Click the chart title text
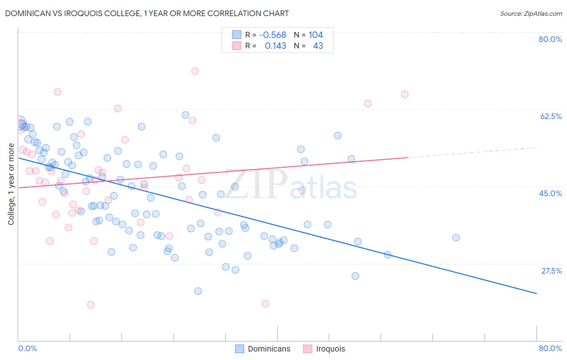tap(147, 13)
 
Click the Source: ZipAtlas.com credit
tap(531, 13)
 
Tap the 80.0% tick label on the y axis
tap(550, 39)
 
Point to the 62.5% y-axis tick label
tap(550, 116)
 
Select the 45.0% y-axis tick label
tap(550, 193)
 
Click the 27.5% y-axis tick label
tap(551, 271)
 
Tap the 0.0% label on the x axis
tap(27, 348)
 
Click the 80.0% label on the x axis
tap(550, 348)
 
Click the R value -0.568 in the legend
tap(273, 35)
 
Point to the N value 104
tap(316, 35)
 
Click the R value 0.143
tap(275, 46)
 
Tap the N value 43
tap(318, 46)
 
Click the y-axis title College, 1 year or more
tap(11, 184)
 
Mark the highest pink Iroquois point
tap(195, 71)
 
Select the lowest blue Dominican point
tap(198, 291)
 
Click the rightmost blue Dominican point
tap(456, 238)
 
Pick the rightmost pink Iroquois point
tap(405, 94)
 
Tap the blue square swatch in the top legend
tap(237, 35)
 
